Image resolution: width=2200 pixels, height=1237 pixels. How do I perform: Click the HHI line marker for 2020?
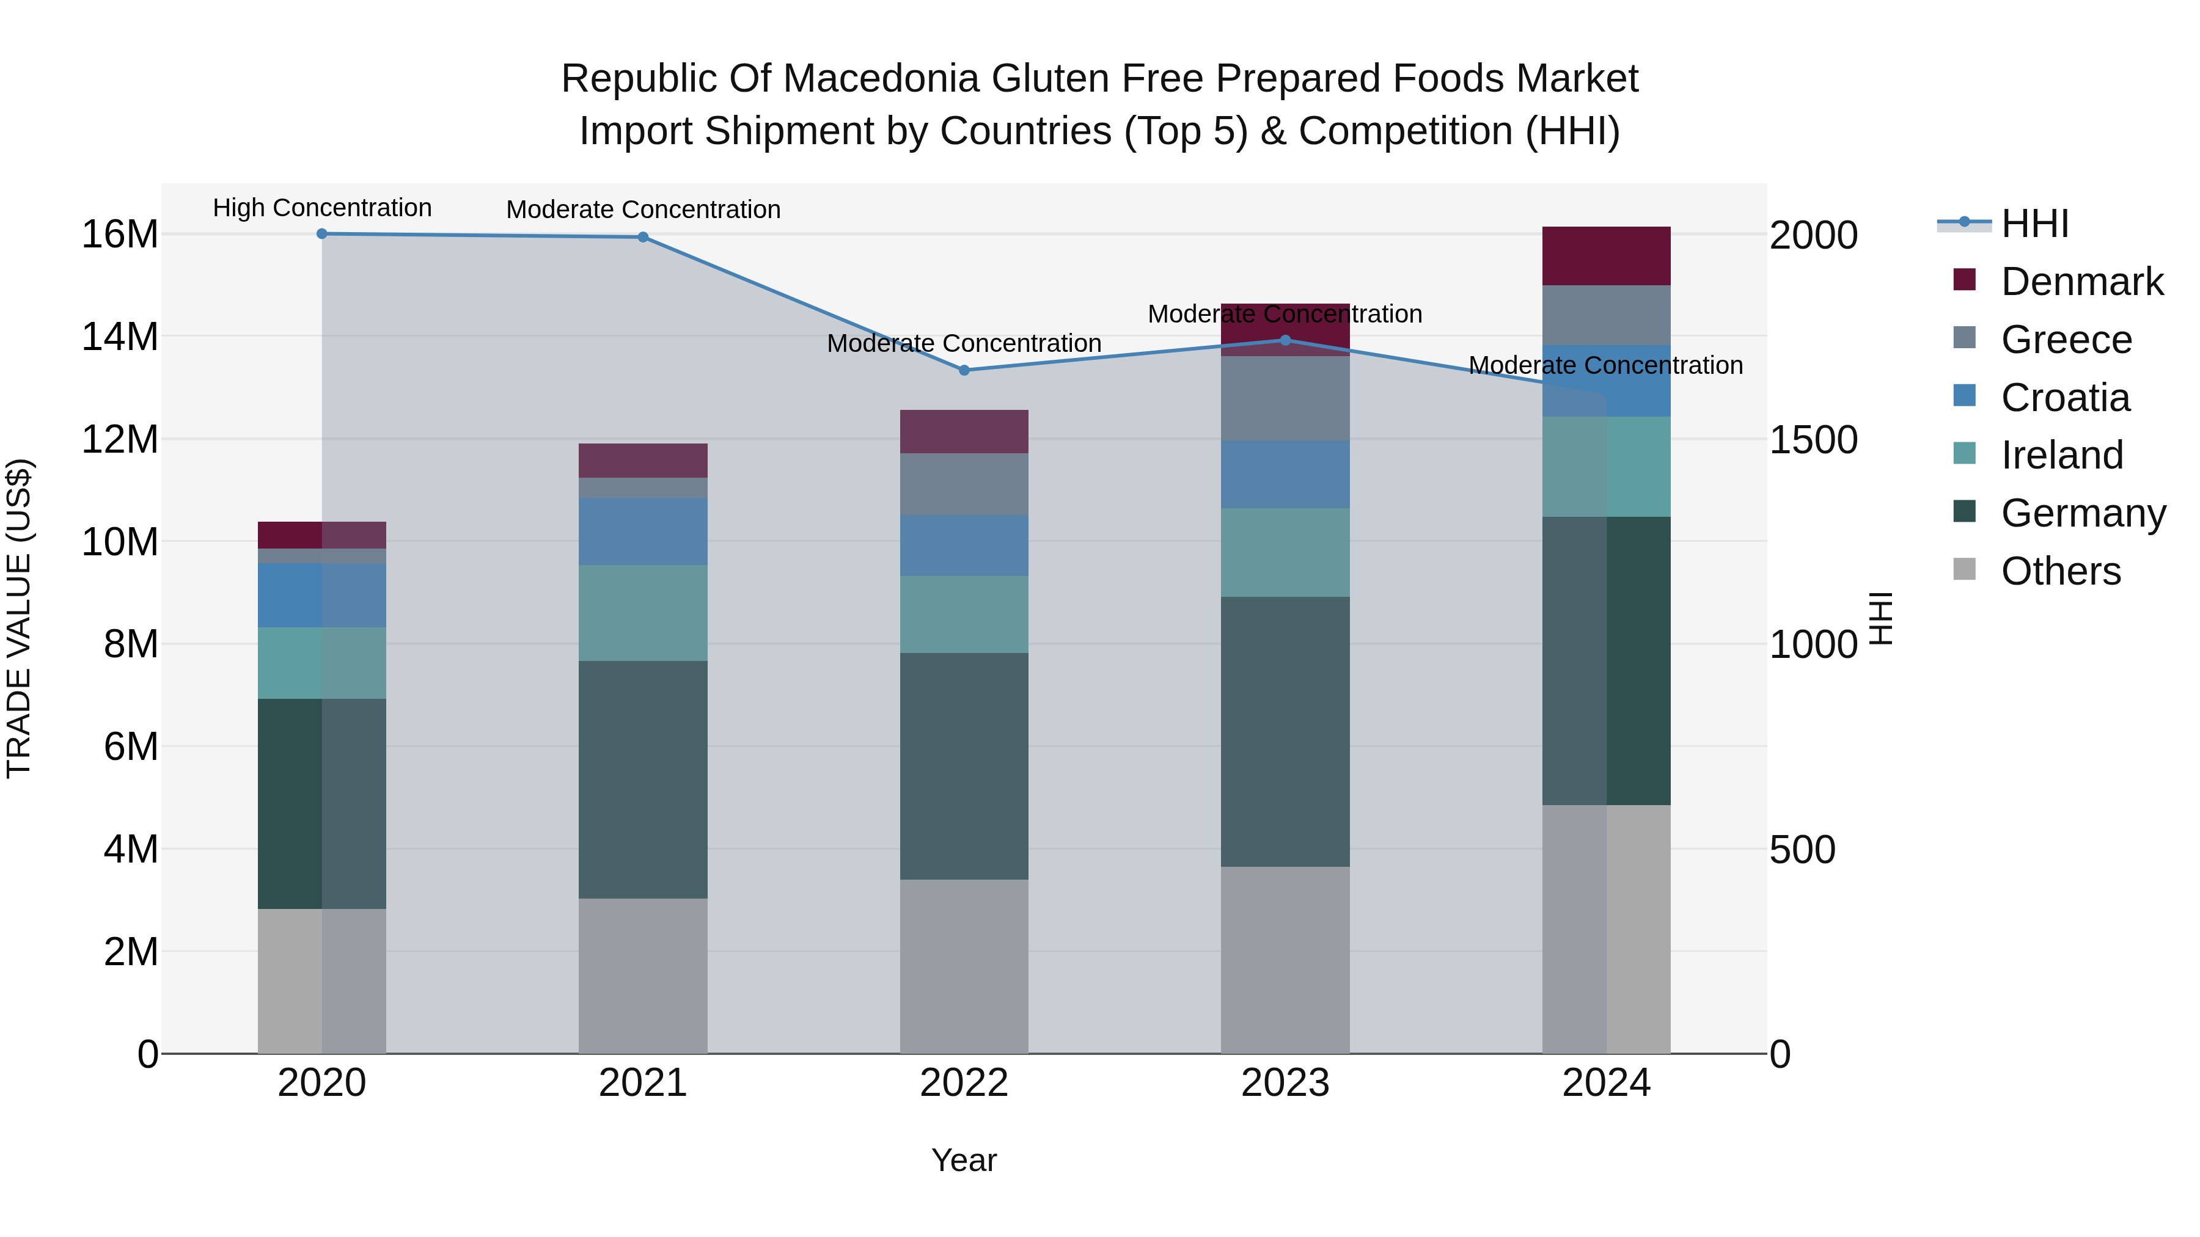click(322, 234)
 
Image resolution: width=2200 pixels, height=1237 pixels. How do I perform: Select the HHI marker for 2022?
click(964, 371)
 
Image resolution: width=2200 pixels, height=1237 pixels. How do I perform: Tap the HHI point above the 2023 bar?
click(1285, 341)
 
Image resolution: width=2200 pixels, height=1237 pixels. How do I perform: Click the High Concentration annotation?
click(322, 208)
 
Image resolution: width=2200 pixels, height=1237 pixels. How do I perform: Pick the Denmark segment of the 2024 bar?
click(1607, 256)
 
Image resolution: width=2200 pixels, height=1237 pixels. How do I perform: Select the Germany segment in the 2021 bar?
click(643, 779)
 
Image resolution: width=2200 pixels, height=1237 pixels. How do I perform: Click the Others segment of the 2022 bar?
click(964, 966)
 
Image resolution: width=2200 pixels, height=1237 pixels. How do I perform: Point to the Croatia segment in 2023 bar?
click(1285, 475)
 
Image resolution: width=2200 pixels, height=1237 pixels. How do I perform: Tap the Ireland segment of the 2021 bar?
click(643, 612)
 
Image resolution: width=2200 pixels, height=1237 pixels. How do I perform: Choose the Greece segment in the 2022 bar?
click(964, 484)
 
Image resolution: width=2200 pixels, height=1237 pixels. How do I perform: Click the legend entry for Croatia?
click(2065, 398)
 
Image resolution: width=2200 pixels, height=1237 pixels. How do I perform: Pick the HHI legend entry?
click(2034, 224)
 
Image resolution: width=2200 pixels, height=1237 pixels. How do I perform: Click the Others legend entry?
click(2060, 571)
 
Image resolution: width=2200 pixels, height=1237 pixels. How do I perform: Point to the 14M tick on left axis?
click(120, 337)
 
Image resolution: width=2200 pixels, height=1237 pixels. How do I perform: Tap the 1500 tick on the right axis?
click(1813, 440)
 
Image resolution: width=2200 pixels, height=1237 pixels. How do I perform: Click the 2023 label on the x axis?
click(1285, 1083)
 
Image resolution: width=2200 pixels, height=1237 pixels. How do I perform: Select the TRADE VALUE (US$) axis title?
click(20, 618)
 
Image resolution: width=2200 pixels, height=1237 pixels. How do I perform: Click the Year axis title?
click(964, 1160)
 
